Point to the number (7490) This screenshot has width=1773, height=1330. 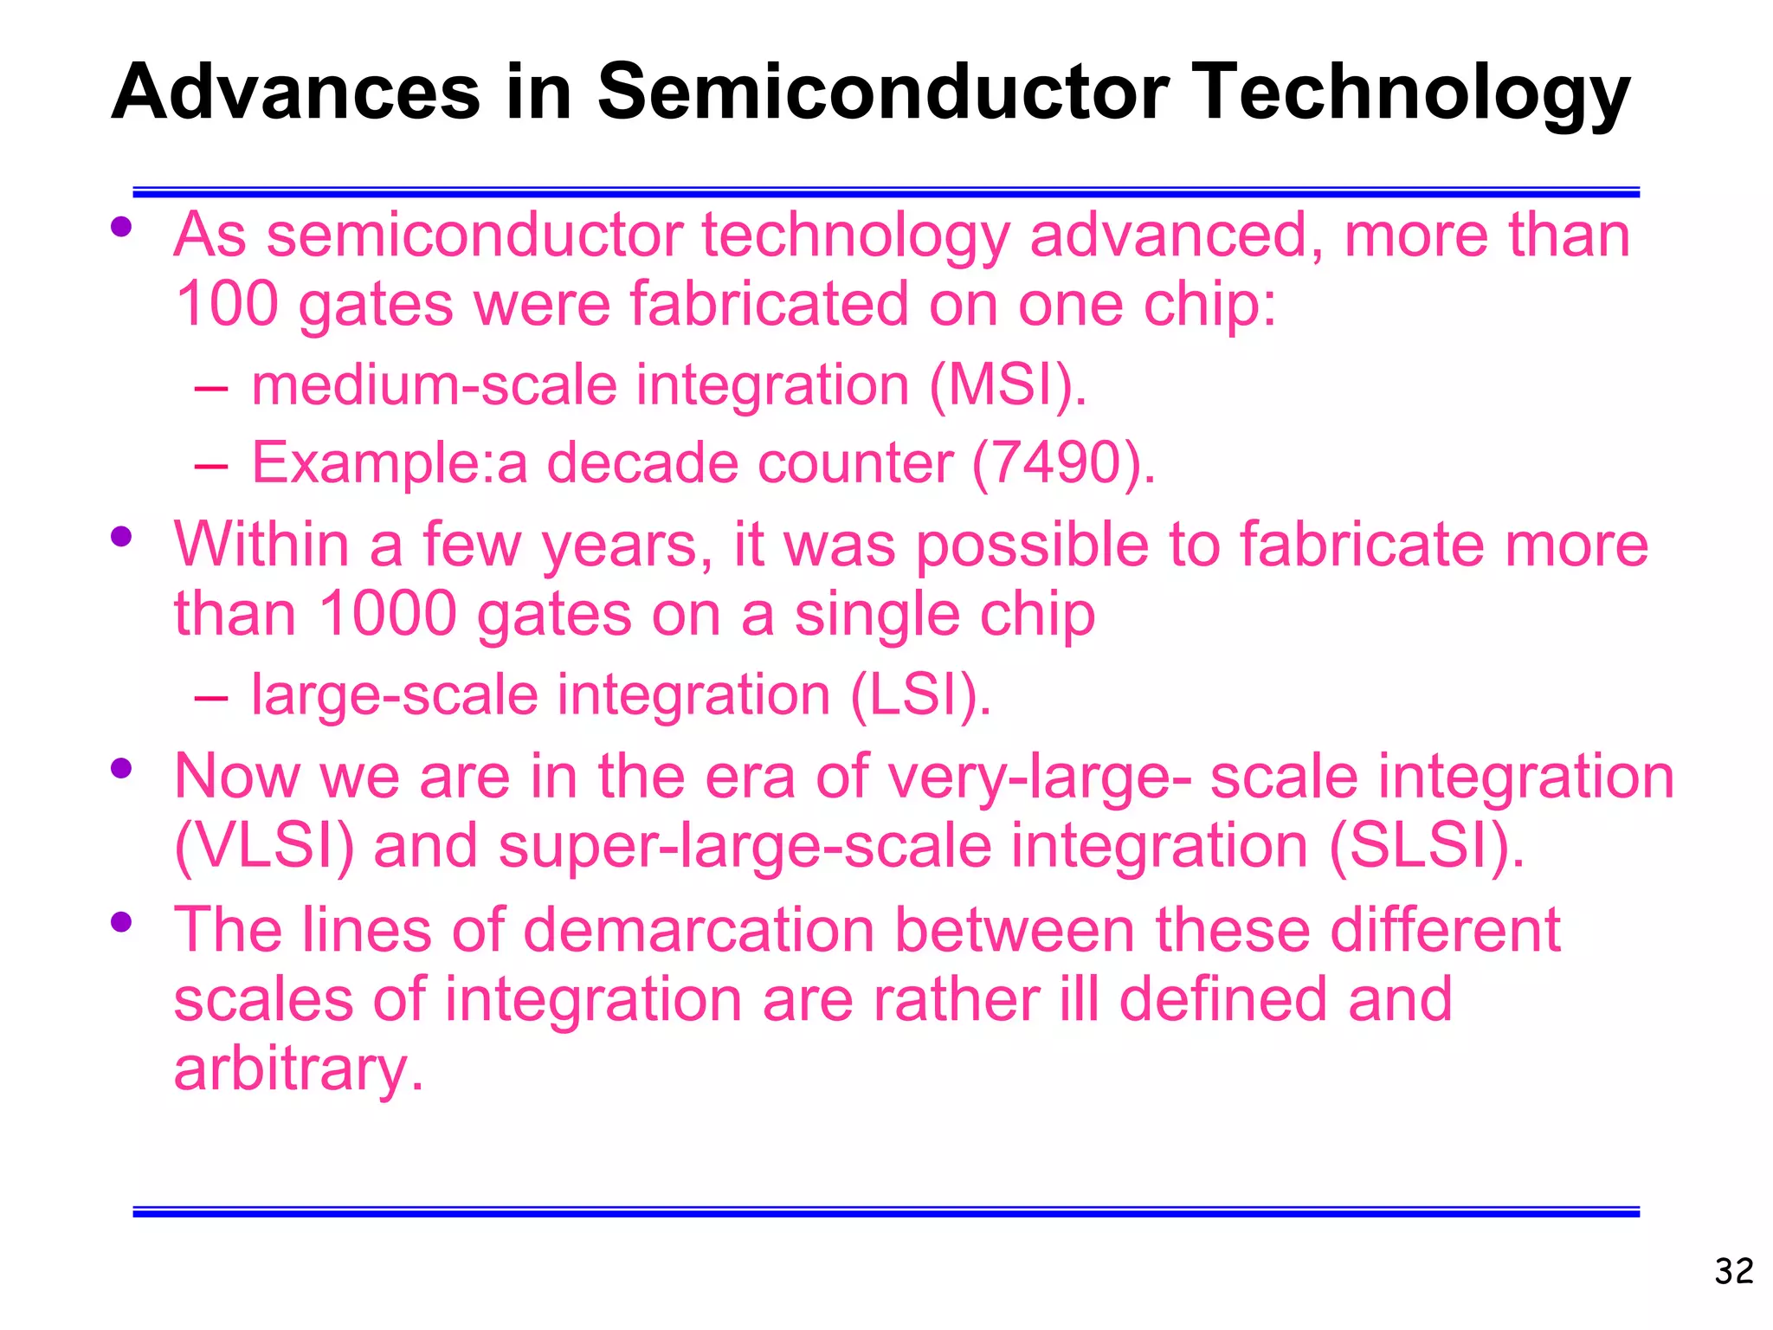click(1063, 463)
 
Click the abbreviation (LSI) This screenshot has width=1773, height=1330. click(920, 695)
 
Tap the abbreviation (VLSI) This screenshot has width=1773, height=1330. click(264, 846)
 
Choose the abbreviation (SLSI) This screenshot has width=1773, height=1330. click(1426, 846)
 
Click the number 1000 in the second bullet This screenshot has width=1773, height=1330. click(388, 614)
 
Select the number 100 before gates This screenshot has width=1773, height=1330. click(226, 304)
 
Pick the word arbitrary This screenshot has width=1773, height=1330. click(299, 1069)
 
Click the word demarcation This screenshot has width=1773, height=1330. click(699, 930)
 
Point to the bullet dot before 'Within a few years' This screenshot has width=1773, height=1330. click(121, 537)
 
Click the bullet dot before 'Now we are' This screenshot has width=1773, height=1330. click(121, 768)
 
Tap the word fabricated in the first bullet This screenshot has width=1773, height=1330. click(769, 304)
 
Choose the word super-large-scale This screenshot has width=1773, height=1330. click(745, 846)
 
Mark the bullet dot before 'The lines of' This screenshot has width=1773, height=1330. click(121, 922)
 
